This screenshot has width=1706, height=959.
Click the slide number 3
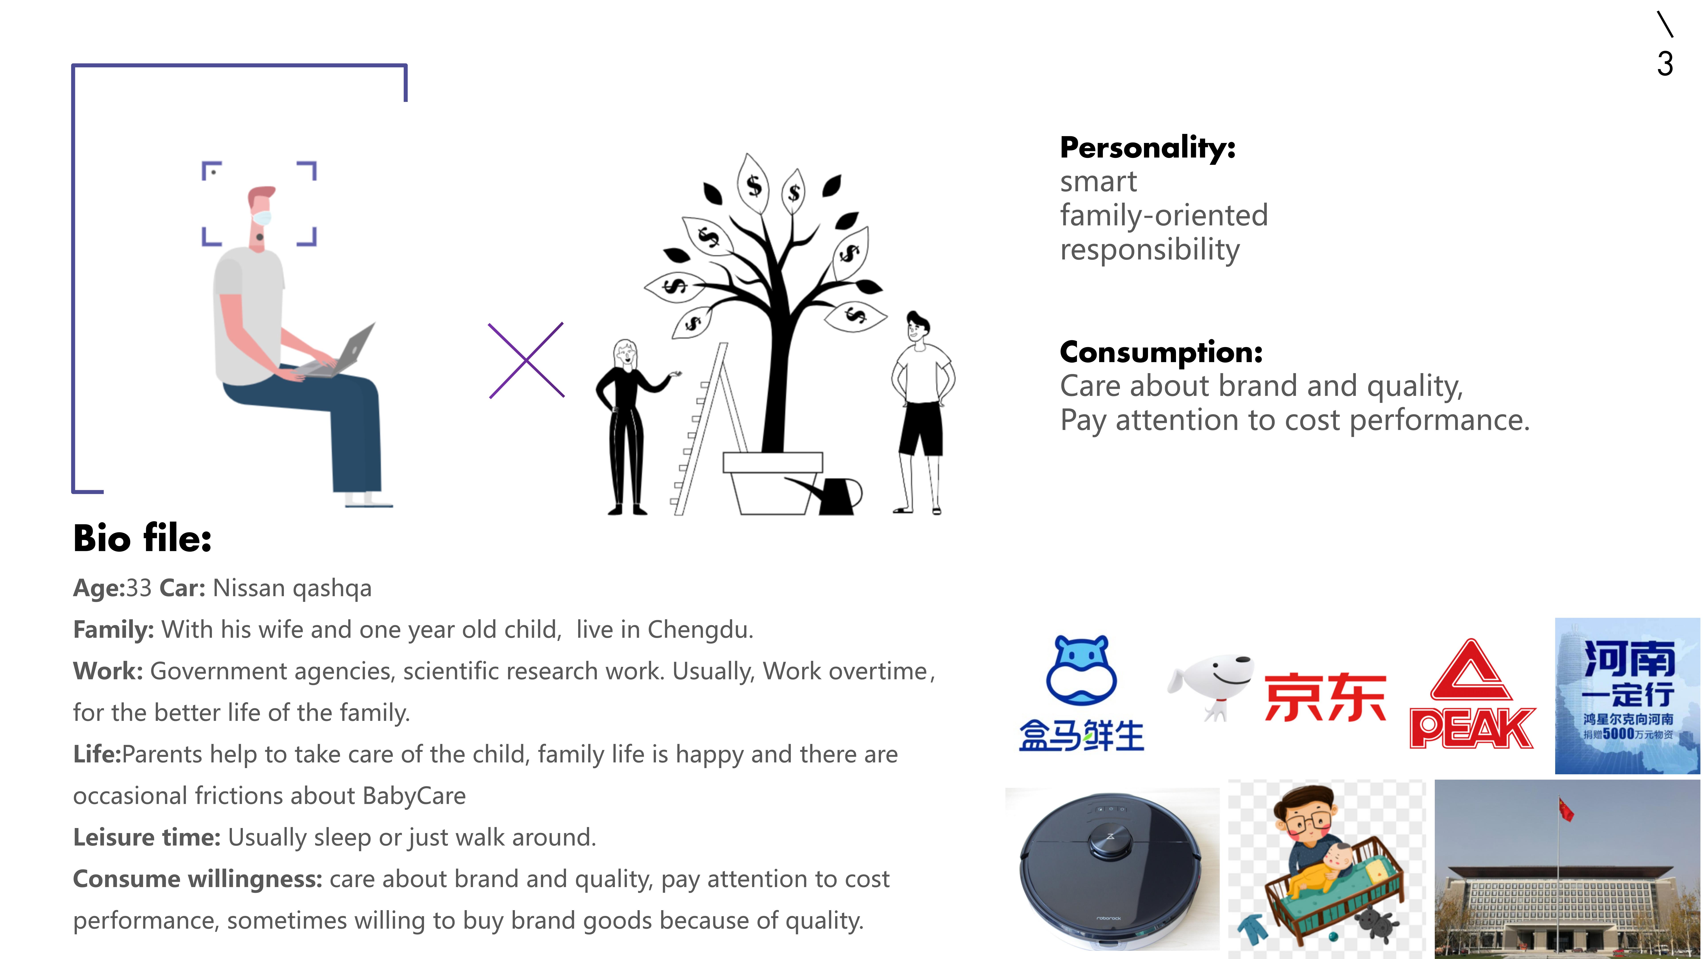point(1665,64)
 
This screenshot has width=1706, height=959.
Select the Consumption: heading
point(1161,352)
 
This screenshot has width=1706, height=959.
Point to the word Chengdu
point(700,629)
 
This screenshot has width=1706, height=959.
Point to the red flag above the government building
point(1566,809)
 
